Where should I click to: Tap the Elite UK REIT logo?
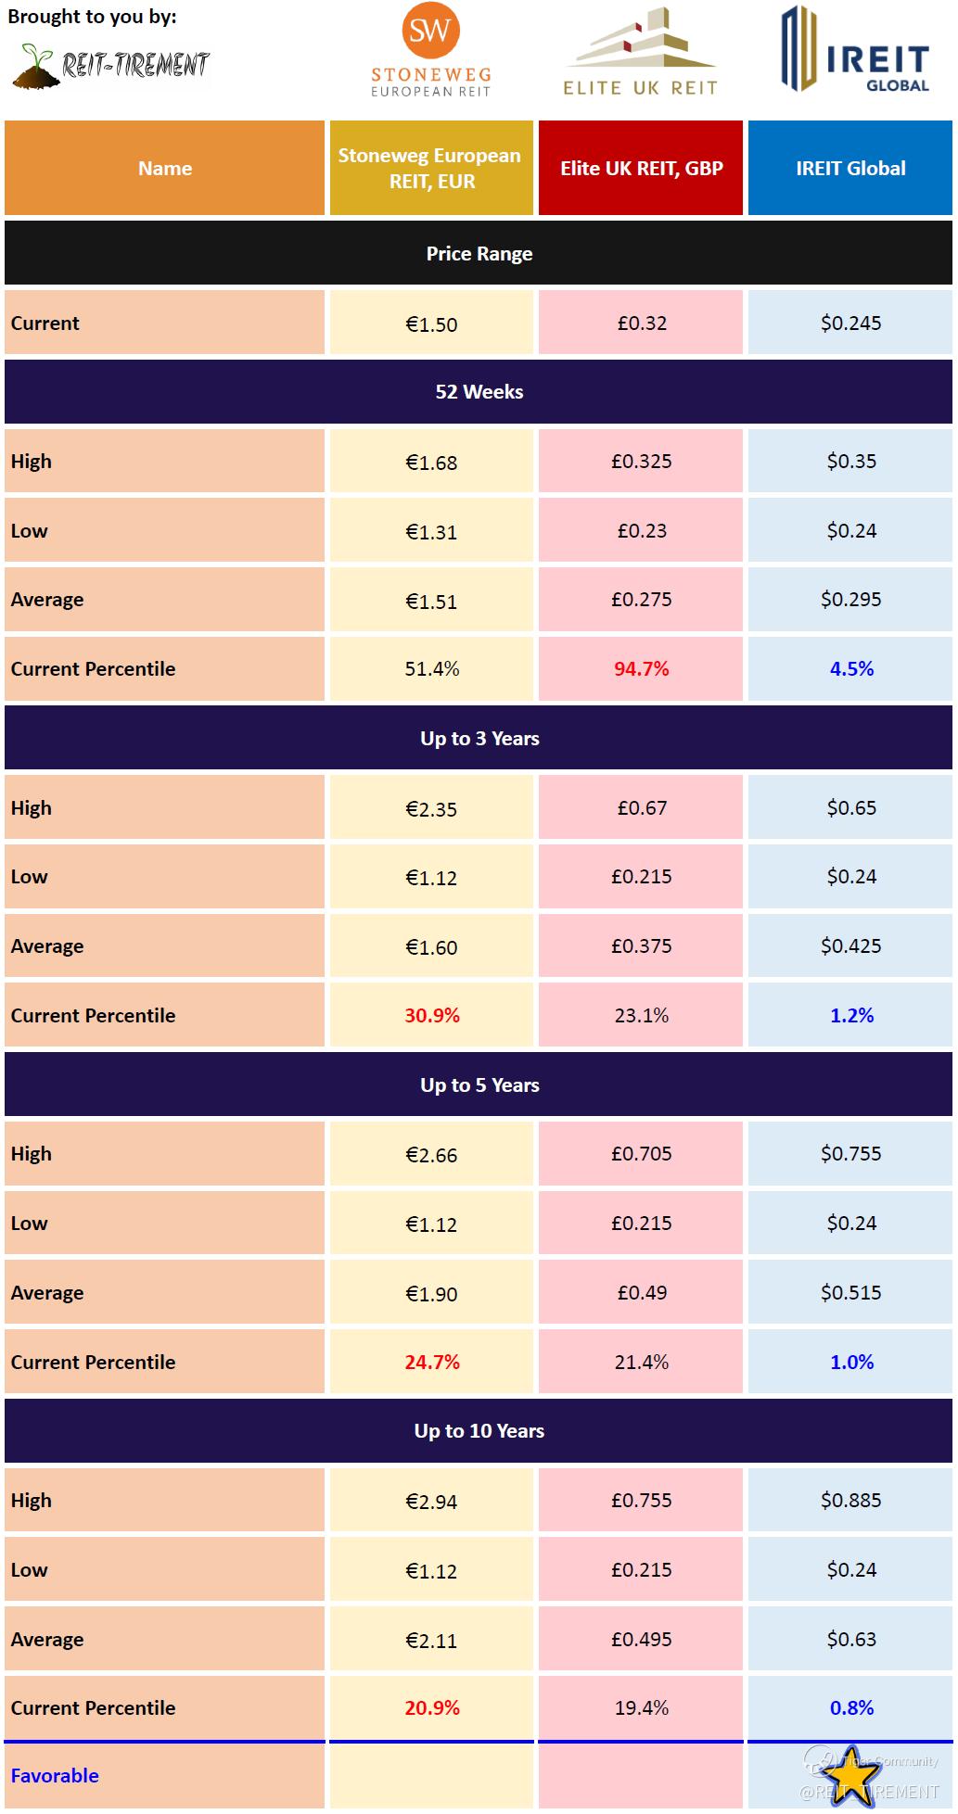tap(640, 51)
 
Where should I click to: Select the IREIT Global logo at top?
tap(853, 49)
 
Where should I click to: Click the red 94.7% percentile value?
tap(641, 669)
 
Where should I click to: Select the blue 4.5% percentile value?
tap(851, 669)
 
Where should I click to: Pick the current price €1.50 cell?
tap(431, 324)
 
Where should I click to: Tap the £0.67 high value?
tap(641, 808)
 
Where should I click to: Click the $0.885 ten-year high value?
tap(850, 1501)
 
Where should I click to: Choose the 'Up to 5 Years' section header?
tap(479, 1085)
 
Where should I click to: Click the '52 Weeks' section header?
tap(479, 392)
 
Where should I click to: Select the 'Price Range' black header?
tap(479, 254)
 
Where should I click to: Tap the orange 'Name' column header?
tap(165, 169)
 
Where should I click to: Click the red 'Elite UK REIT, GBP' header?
tap(641, 169)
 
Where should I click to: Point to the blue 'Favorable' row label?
tap(55, 1776)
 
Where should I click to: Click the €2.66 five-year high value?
tap(431, 1155)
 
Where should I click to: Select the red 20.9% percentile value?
tap(431, 1708)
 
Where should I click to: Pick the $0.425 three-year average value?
tap(850, 946)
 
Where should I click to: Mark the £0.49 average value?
tap(641, 1293)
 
